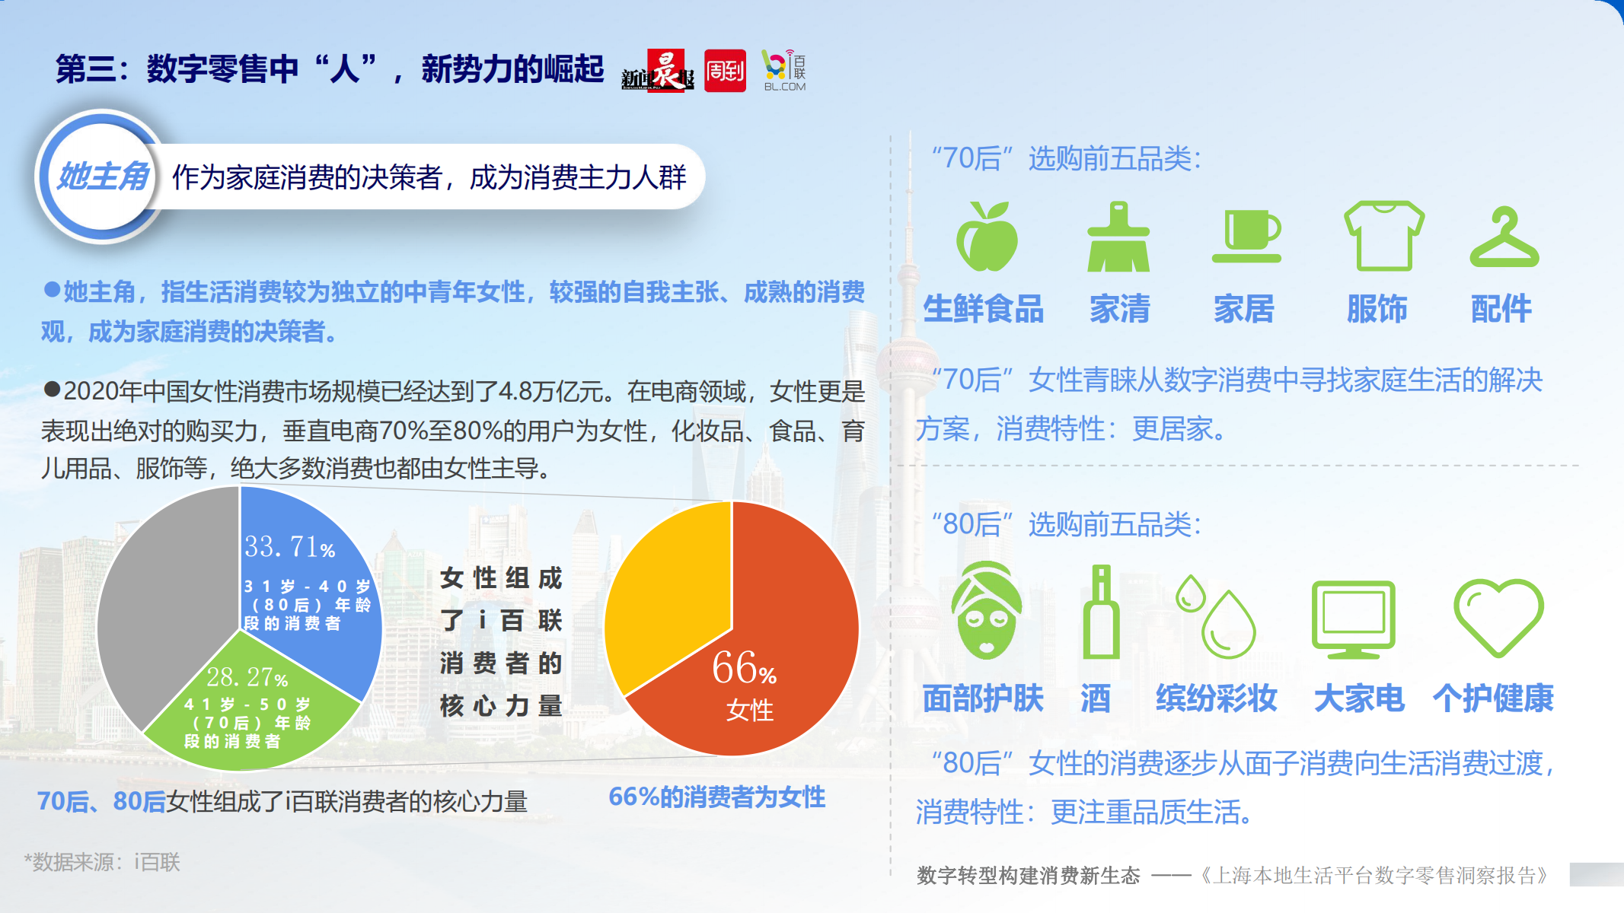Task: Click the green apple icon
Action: click(x=987, y=237)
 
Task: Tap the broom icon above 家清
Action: click(x=1118, y=237)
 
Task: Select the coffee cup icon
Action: click(x=1246, y=237)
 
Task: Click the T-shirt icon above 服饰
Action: click(x=1384, y=236)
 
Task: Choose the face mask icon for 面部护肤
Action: click(x=987, y=610)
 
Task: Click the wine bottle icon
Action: click(x=1101, y=611)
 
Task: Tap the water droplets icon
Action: click(x=1216, y=616)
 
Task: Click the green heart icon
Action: click(x=1498, y=616)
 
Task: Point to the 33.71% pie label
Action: click(x=290, y=546)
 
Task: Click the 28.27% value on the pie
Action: click(x=247, y=676)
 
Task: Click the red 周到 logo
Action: click(x=725, y=71)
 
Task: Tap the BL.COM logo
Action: click(x=785, y=71)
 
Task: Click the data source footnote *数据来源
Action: click(x=102, y=862)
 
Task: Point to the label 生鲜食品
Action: click(x=984, y=309)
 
